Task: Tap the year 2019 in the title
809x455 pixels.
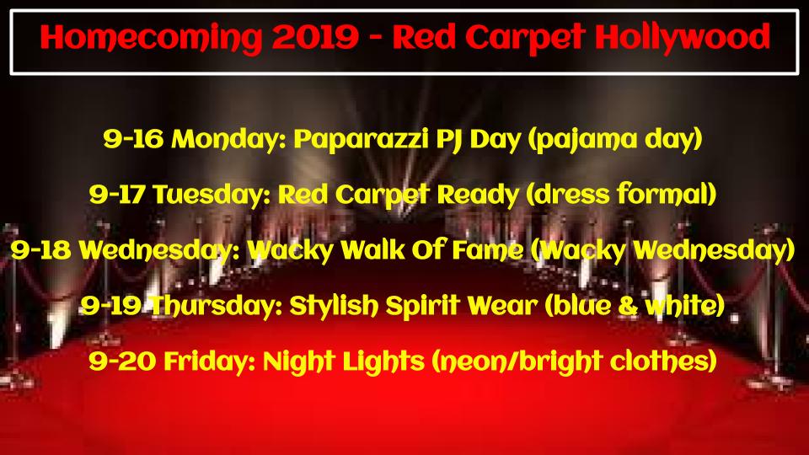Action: (x=315, y=37)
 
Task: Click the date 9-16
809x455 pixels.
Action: (x=133, y=139)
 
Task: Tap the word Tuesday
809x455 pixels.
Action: (x=212, y=195)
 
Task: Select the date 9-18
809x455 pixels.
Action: (x=40, y=250)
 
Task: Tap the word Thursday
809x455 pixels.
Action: (x=217, y=306)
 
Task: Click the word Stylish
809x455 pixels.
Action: (x=334, y=307)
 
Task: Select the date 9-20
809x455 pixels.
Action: (x=122, y=361)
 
